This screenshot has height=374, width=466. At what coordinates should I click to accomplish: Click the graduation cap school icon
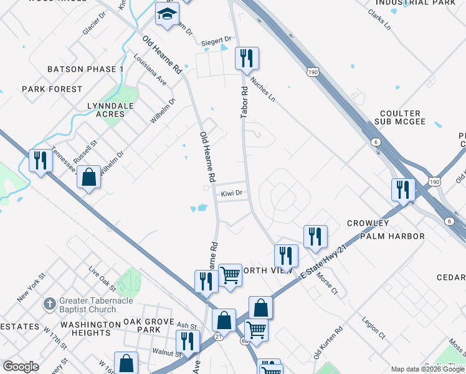tap(167, 14)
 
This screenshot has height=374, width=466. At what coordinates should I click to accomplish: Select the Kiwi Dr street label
tap(231, 194)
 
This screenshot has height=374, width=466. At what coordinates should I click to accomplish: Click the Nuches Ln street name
tap(262, 89)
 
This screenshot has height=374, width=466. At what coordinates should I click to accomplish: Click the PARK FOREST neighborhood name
tap(52, 89)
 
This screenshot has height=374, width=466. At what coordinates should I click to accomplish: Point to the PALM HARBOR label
tap(396, 236)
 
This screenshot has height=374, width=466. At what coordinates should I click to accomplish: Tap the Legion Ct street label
tap(373, 328)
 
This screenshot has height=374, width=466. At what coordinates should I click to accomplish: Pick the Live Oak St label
tap(102, 279)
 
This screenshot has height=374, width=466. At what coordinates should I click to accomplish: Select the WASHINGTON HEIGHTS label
tap(90, 328)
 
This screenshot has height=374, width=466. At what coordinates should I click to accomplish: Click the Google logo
tap(21, 367)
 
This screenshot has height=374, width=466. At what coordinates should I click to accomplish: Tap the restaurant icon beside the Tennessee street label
tap(40, 161)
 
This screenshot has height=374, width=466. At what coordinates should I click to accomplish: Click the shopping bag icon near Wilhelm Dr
tap(89, 177)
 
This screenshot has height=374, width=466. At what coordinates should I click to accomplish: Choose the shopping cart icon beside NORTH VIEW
tap(230, 274)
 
